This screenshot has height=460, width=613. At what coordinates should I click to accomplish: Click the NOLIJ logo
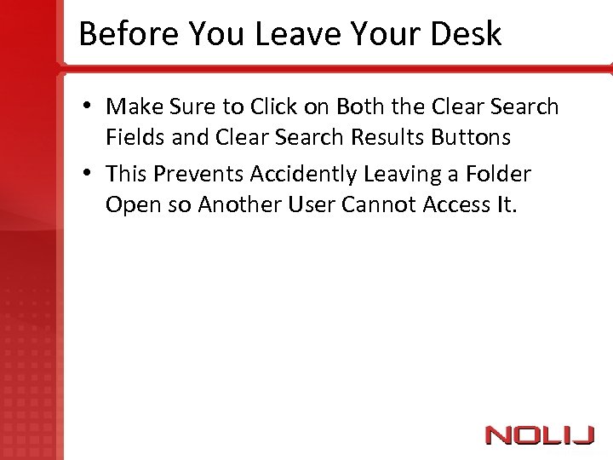[539, 434]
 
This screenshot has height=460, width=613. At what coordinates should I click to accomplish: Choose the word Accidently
[303, 175]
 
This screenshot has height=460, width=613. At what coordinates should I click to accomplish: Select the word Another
[244, 204]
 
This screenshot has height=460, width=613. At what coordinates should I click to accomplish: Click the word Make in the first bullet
[135, 107]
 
